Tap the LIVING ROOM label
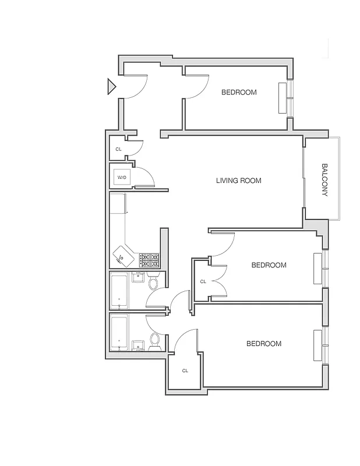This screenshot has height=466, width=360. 238,181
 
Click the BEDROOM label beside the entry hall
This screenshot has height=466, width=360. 239,93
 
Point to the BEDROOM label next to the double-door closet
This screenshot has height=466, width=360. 269,265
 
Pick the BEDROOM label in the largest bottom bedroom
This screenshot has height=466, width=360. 263,344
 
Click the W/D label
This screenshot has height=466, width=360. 122,176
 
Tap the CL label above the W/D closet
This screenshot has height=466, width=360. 119,149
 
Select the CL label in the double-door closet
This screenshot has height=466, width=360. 203,281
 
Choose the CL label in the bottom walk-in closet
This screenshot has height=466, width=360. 185,370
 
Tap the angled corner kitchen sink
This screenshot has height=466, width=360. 124,255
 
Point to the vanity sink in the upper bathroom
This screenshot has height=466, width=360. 139,277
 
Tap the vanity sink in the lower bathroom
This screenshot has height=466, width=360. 139,345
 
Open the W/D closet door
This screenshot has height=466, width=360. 144,177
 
